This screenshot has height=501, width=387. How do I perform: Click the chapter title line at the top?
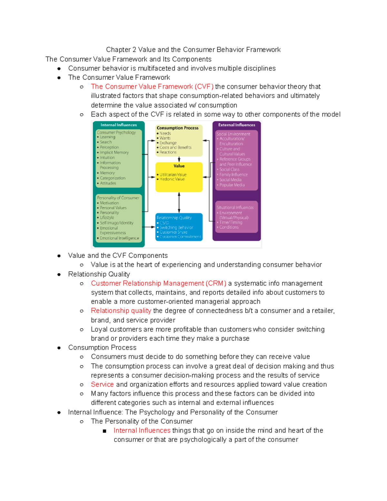pos(193,50)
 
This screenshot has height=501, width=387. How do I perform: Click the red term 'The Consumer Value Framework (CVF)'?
pos(152,87)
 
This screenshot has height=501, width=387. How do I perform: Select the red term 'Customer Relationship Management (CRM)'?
pos(158,284)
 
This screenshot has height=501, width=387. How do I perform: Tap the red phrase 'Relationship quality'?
pos(121,311)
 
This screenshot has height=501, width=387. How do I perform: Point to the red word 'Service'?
pos(102,385)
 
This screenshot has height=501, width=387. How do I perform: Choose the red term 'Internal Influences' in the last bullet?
pos(142,431)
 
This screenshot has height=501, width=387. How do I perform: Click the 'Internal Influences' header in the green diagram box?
pos(118,125)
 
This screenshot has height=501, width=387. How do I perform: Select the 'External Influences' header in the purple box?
pos(236,125)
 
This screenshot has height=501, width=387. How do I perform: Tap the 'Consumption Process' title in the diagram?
pos(177,128)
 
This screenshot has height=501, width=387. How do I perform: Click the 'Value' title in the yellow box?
pos(179,166)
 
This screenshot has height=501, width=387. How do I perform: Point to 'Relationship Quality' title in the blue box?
pos(174,218)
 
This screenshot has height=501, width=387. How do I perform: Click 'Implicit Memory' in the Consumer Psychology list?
pos(114,153)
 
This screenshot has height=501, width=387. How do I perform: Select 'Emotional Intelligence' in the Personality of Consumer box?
pos(119,238)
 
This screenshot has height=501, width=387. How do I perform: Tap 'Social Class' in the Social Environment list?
pos(229,170)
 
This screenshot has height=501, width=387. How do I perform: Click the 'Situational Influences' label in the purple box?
pos(235,208)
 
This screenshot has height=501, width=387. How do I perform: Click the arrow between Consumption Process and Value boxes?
pos(179,159)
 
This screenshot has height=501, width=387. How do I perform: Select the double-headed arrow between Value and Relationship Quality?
pos(179,203)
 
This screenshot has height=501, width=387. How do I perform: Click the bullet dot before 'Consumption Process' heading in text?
pos(59,348)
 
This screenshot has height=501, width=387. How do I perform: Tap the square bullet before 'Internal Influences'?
pos(104,431)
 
